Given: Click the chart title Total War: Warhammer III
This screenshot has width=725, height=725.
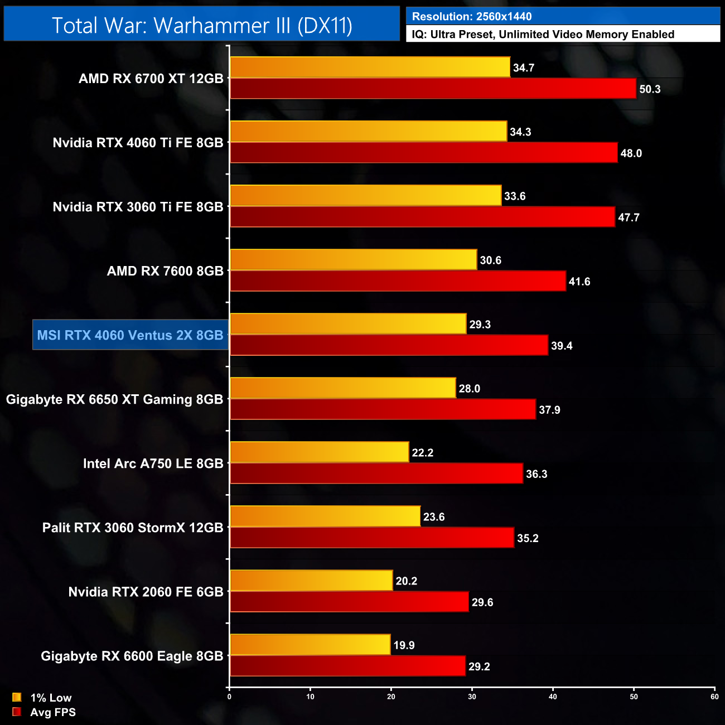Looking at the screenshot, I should (x=202, y=25).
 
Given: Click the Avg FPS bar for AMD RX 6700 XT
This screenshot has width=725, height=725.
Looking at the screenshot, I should (x=433, y=89).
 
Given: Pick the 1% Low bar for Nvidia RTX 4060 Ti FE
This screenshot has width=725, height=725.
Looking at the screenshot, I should (x=368, y=131).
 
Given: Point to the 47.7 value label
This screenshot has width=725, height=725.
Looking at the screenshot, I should (x=629, y=217).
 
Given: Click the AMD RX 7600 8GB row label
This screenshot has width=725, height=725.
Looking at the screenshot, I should (x=165, y=271).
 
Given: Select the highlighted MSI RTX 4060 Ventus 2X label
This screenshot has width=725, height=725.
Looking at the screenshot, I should (x=130, y=335).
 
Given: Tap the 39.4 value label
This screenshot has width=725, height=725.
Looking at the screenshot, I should (x=562, y=346).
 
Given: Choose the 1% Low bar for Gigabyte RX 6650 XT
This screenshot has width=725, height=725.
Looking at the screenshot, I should (x=342, y=388).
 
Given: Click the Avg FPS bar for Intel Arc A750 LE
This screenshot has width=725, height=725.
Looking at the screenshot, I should (x=376, y=473).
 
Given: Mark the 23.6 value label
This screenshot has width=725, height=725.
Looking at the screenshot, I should (x=434, y=517).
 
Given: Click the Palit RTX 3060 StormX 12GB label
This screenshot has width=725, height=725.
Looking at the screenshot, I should (x=133, y=528).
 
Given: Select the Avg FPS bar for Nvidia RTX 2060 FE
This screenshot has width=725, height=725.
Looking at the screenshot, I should (x=349, y=602).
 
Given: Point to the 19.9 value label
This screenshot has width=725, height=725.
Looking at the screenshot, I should (x=404, y=645).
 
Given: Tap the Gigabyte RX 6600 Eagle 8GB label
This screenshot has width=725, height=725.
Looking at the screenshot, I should (x=132, y=656).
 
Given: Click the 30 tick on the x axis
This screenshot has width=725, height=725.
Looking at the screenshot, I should (x=472, y=697).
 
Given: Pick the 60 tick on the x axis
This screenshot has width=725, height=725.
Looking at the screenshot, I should (x=714, y=697).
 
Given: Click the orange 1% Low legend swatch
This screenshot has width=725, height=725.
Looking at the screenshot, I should (x=17, y=697).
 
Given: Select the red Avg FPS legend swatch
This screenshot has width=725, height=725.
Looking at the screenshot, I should (x=17, y=712).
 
